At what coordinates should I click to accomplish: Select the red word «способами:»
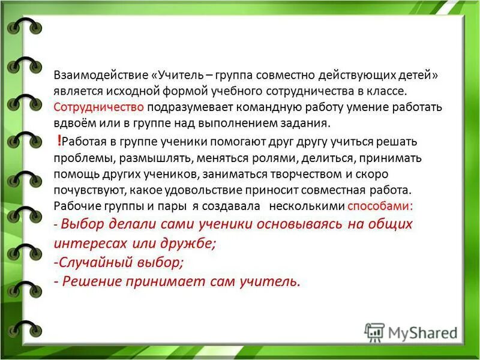tap(380, 206)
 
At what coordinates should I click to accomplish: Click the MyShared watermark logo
tap(412, 332)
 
